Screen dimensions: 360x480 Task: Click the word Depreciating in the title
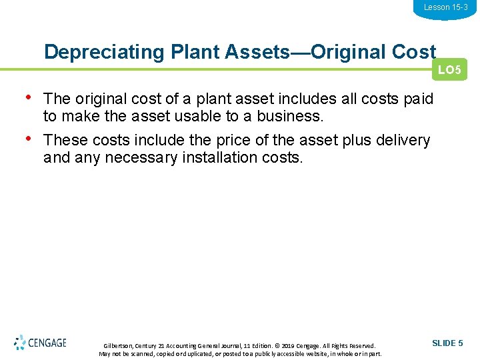point(89,52)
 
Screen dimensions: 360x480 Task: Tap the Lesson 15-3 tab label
point(445,7)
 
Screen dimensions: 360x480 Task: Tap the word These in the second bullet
point(64,141)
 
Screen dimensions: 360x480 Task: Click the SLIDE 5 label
point(447,343)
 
